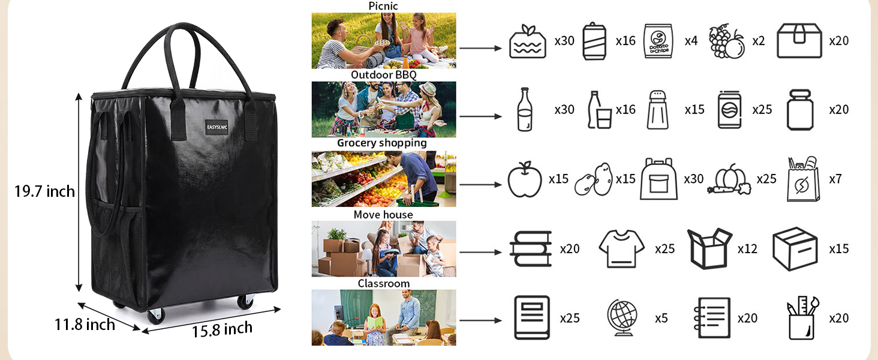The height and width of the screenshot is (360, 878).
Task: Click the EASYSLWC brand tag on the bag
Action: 217,127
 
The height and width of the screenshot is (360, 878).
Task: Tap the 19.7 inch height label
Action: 45,191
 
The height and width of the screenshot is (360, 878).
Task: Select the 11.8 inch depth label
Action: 85,325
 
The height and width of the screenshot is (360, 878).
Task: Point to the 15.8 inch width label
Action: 222,329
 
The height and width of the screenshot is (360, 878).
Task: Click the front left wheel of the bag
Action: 156,316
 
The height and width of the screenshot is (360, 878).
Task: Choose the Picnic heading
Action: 383,6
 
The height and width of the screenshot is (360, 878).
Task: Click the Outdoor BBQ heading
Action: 384,75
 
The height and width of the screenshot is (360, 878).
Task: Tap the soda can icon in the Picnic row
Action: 594,41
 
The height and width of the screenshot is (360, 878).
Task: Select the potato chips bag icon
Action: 659,41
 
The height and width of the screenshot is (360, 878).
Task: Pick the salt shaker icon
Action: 658,110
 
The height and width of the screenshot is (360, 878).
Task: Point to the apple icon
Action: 524,179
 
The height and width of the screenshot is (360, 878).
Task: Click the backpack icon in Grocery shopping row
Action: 659,179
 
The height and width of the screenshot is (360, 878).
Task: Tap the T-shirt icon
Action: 621,248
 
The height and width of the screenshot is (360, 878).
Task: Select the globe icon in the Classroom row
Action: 622,318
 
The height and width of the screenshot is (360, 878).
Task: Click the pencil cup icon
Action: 802,318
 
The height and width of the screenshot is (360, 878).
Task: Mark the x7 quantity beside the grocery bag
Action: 835,179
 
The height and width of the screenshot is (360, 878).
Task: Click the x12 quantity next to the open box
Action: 747,248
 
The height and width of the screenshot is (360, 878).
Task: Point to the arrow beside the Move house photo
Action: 480,252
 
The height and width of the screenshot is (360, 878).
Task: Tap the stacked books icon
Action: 531,248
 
